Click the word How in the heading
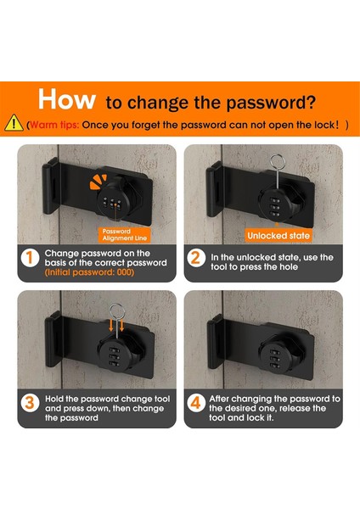click(66, 99)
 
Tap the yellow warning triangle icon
click(14, 123)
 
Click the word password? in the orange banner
click(271, 103)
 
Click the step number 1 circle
click(30, 258)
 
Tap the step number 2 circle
click(196, 258)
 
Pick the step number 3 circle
click(30, 403)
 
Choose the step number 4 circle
click(196, 403)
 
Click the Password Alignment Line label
click(125, 235)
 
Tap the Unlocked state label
click(278, 236)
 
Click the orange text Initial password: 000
click(89, 272)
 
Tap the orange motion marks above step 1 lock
click(98, 182)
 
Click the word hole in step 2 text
click(289, 267)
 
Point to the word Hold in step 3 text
click(54, 399)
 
